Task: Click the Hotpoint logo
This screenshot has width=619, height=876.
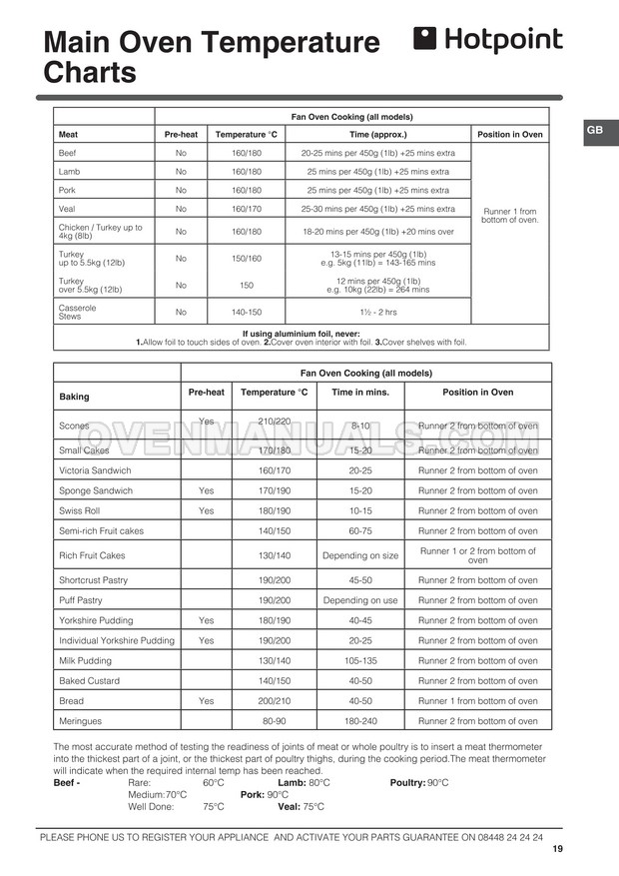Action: click(x=487, y=41)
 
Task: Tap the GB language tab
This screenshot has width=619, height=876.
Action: click(x=593, y=131)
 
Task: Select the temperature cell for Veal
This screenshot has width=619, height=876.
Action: click(x=246, y=209)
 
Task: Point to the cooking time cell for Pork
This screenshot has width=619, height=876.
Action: click(x=377, y=190)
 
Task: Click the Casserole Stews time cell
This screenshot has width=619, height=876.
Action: click(x=377, y=312)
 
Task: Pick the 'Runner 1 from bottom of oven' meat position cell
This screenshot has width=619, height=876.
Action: click(x=509, y=216)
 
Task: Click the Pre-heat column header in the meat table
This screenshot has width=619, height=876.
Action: click(x=181, y=134)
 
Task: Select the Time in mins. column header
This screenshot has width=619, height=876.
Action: click(x=359, y=393)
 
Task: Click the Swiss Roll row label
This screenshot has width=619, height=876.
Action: click(x=81, y=510)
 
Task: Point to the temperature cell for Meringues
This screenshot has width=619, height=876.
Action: click(x=274, y=720)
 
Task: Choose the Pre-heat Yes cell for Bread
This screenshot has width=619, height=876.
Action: click(x=206, y=700)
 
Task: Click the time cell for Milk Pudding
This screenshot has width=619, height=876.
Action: click(x=359, y=660)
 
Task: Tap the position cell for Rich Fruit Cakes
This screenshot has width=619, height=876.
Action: click(x=477, y=555)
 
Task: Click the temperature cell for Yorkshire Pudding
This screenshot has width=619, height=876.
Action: click(x=274, y=620)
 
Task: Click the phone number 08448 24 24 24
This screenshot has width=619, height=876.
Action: click(x=510, y=837)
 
